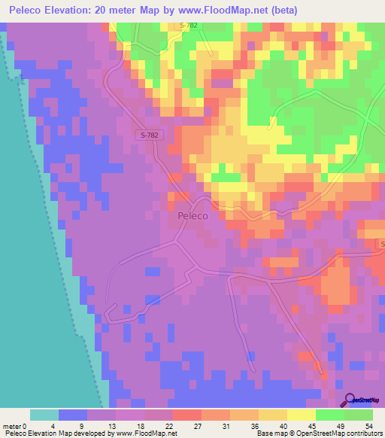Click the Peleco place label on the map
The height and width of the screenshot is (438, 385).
(x=193, y=215)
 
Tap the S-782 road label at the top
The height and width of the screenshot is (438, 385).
(x=191, y=26)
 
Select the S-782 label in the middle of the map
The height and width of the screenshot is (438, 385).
(x=150, y=135)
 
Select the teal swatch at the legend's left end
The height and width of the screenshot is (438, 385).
(x=44, y=415)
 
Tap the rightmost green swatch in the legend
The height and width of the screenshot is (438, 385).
(x=359, y=415)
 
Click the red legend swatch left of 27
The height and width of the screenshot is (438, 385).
(x=186, y=415)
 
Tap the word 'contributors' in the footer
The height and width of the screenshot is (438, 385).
(x=363, y=433)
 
